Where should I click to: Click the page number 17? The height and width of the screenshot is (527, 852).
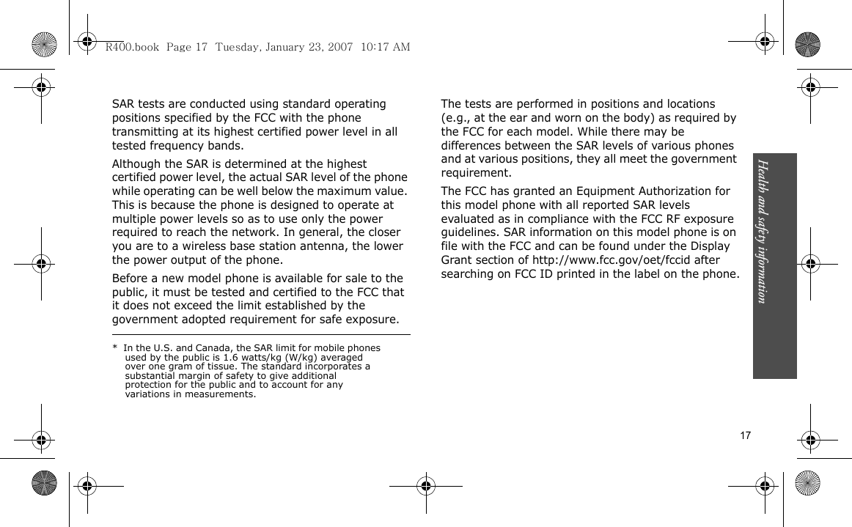(745, 435)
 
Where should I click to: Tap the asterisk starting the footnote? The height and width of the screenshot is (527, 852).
(115, 348)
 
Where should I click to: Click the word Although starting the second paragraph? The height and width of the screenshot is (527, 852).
(138, 163)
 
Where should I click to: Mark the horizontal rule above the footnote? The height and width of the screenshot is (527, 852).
(260, 335)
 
